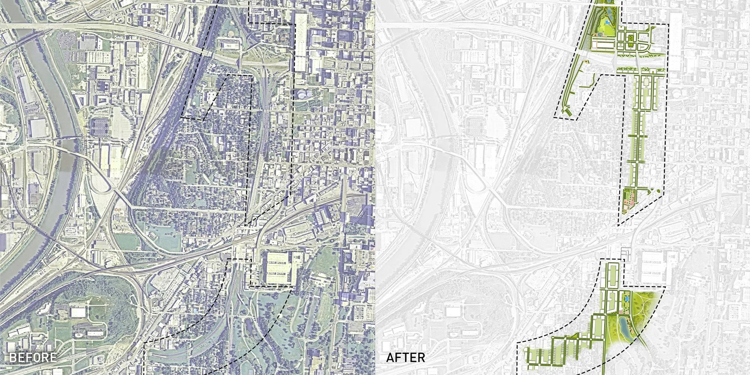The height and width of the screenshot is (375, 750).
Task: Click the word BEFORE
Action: click(x=33, y=357)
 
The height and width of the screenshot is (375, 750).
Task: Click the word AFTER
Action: click(x=406, y=357)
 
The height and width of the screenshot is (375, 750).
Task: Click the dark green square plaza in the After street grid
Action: click(x=630, y=37)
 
